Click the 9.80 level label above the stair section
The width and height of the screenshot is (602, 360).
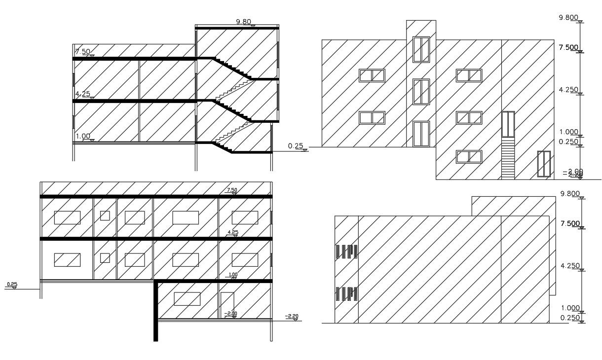point(244,22)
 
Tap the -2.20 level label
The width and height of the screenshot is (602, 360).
point(292,317)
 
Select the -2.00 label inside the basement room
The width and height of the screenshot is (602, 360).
point(230,313)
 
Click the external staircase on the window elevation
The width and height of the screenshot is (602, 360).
point(508,158)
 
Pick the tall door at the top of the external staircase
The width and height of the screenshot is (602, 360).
point(508,124)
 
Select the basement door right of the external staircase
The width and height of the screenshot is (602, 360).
point(543,164)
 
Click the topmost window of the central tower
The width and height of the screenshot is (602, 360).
point(421,49)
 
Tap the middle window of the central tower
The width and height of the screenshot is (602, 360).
point(421,92)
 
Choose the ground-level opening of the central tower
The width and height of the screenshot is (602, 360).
point(421,134)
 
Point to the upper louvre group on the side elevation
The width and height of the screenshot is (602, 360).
point(346,252)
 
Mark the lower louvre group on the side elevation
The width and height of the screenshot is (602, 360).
point(346,294)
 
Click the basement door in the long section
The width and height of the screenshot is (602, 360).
point(227,305)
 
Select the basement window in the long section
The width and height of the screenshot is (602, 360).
point(187,299)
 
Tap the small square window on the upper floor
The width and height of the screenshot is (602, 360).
point(105,216)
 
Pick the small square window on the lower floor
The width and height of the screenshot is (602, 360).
point(105,257)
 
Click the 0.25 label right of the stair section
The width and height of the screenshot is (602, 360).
point(295,146)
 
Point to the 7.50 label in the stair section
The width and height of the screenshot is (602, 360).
point(82,52)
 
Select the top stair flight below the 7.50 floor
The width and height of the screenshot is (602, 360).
point(232,69)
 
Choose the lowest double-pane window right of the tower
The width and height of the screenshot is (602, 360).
point(469,157)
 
